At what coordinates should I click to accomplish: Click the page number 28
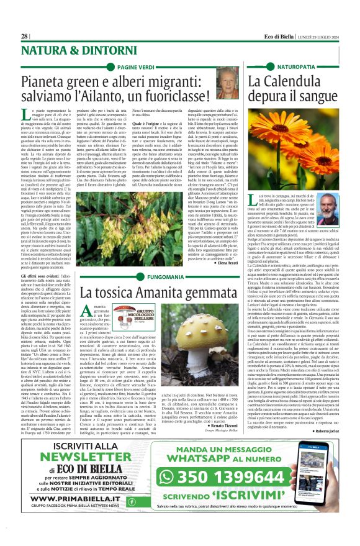coord(24,36)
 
